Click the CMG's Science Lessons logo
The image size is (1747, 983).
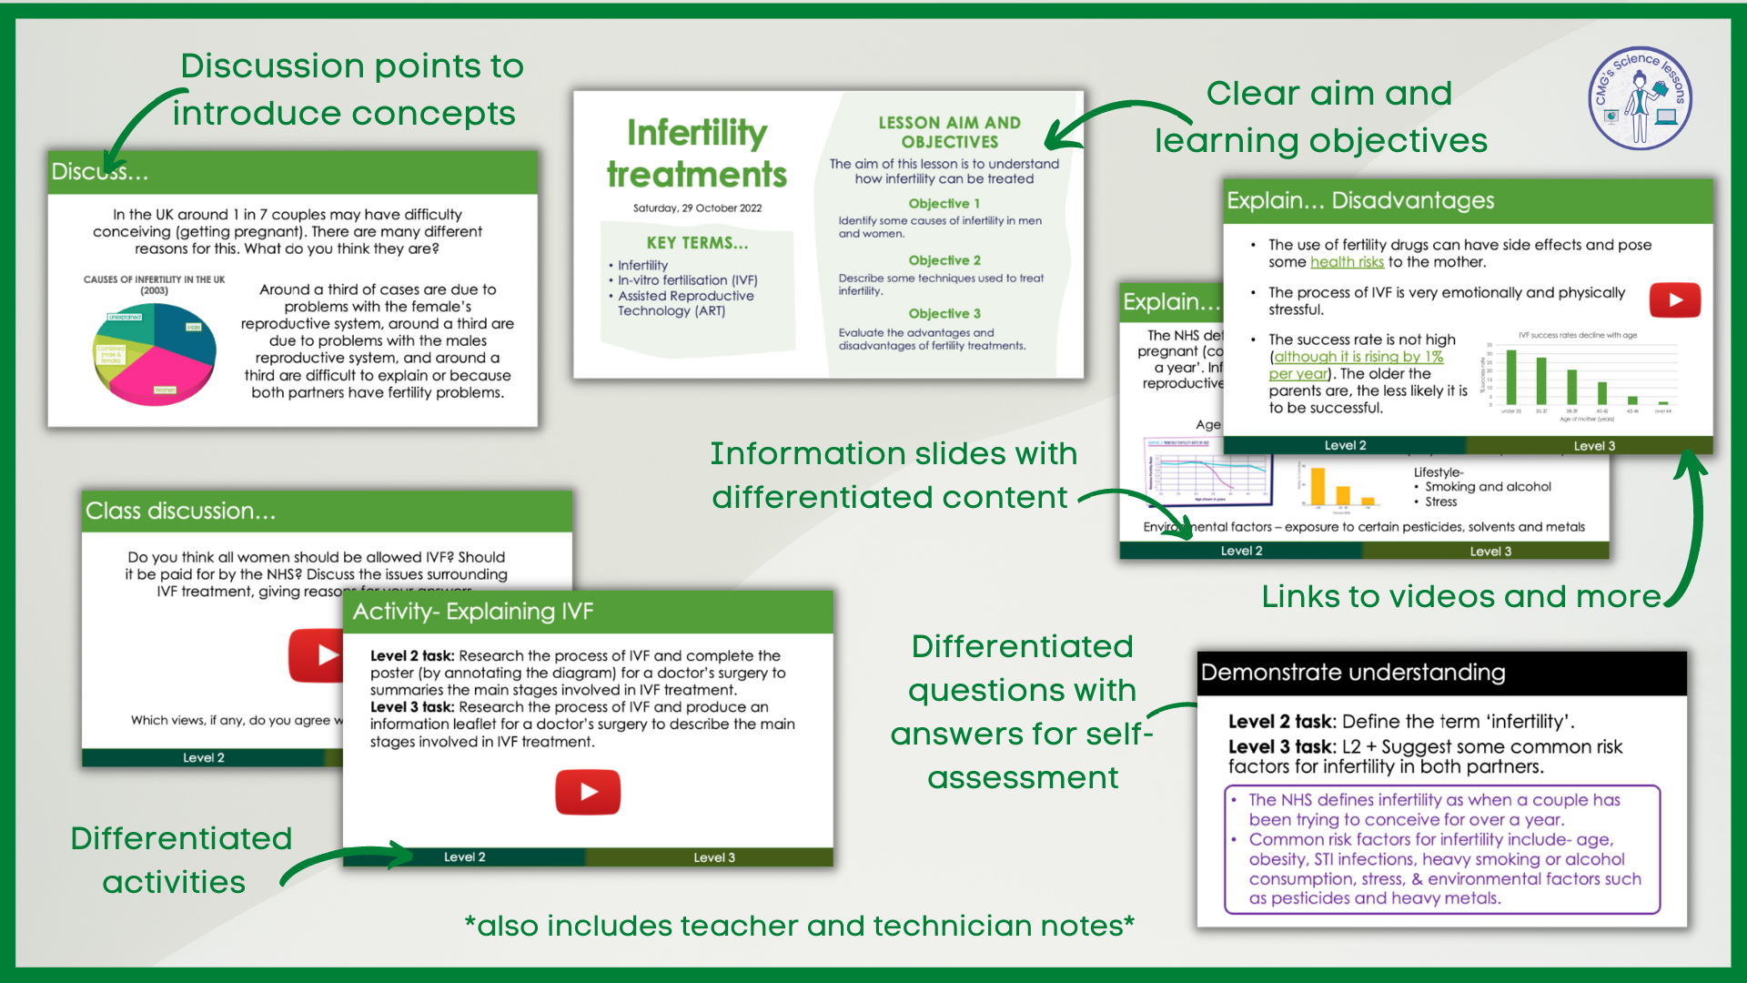[1640, 98]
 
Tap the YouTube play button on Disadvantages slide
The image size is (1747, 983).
[1675, 300]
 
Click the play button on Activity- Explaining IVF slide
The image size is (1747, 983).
[588, 792]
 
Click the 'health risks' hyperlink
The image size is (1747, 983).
[1347, 262]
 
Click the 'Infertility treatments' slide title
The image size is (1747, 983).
[697, 153]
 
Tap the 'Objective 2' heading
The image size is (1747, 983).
[944, 260]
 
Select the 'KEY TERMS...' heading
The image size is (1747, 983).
[697, 243]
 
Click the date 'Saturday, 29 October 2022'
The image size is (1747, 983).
[697, 208]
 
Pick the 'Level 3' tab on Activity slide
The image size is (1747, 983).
[713, 857]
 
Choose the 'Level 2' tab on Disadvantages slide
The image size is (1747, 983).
[1345, 445]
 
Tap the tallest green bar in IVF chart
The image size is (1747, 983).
[1511, 377]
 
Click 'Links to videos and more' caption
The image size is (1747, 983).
[1461, 596]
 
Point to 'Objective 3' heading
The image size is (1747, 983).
[944, 314]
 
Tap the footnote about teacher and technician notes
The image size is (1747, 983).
[799, 926]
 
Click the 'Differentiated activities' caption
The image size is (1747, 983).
[180, 860]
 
